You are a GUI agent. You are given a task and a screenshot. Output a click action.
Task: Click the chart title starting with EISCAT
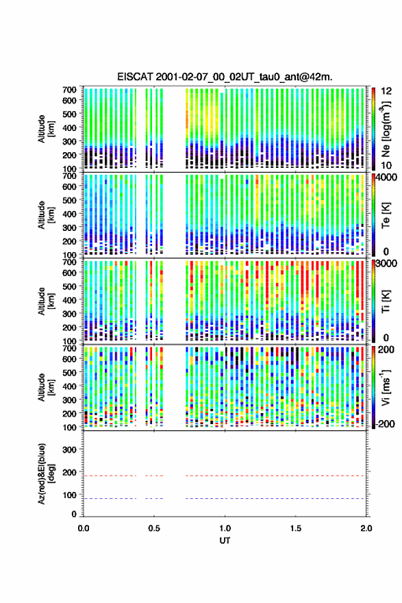point(225,77)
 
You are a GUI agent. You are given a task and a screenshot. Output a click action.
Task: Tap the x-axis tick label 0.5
point(154,528)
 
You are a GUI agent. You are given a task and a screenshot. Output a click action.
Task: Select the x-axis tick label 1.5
point(296,528)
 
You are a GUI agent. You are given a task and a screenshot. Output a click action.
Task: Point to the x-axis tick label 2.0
point(366,528)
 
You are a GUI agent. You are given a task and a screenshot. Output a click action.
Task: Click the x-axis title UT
point(225,541)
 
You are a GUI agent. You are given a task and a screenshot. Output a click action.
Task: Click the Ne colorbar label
point(386,129)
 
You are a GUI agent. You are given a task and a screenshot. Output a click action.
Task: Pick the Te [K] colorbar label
point(386,215)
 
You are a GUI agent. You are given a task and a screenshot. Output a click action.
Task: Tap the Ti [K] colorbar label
point(386,301)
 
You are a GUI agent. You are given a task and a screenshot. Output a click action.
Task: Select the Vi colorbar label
point(386,387)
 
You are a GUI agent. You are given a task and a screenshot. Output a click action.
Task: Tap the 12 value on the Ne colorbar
point(387,90)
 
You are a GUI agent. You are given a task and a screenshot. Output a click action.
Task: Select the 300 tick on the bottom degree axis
point(69,450)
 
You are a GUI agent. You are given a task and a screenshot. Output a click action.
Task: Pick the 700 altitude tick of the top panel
point(69,90)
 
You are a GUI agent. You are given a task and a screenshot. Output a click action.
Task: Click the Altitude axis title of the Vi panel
point(45,387)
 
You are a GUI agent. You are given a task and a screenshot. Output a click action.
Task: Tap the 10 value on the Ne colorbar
point(387,165)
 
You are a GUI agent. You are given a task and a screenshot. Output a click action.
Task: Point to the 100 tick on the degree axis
point(69,495)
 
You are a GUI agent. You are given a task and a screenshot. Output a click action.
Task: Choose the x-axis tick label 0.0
point(84,528)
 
